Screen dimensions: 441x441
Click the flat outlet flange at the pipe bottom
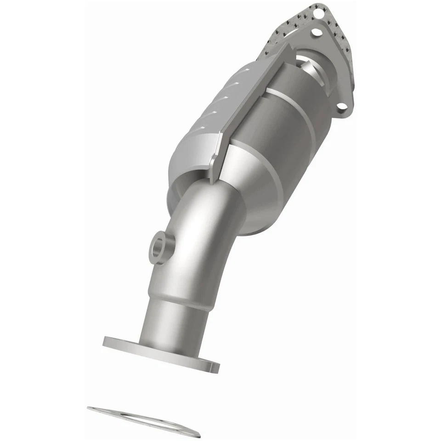pos(161,353)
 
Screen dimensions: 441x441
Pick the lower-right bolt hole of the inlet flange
pos(341,107)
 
